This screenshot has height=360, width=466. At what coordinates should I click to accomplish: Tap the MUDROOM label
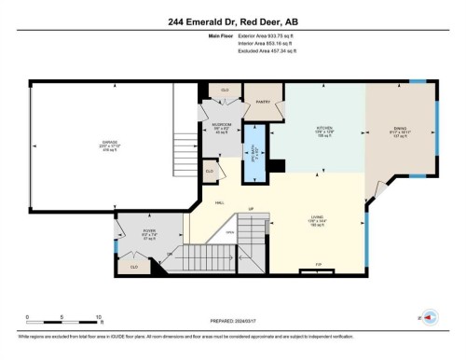[x=221, y=128]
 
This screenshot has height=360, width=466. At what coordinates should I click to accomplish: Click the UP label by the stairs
[x=250, y=207]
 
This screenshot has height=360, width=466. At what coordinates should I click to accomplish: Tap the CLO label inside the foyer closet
[x=136, y=267]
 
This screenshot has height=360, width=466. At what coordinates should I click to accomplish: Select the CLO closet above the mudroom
[x=224, y=90]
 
